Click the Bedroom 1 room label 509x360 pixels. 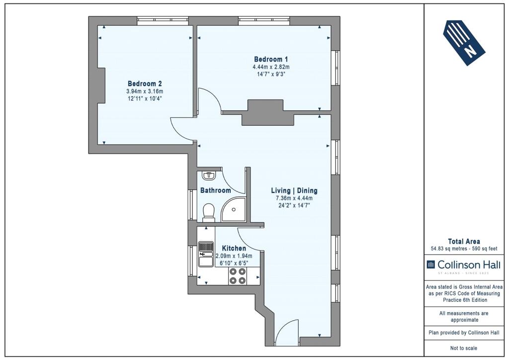point(271,59)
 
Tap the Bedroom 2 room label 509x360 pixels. point(145,84)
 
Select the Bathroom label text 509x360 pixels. point(216,190)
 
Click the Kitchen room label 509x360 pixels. point(234,248)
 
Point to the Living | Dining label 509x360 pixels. point(294,190)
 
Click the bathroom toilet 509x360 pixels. point(208,213)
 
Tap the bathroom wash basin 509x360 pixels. point(208,176)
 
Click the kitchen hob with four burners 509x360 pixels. point(238,276)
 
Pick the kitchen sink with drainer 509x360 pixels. point(206,254)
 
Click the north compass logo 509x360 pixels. point(464,43)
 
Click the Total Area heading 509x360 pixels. point(464,241)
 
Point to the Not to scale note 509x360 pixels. point(464,348)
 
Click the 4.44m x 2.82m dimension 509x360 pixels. point(271,67)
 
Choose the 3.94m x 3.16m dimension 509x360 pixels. point(145,91)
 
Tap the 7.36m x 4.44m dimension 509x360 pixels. point(294,198)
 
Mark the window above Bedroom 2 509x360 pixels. point(163,21)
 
